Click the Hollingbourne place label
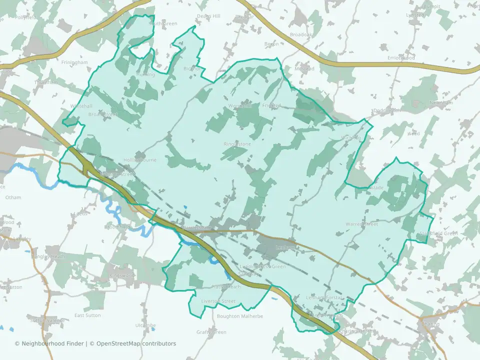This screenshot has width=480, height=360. point(139,160)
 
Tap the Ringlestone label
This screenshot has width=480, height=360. point(237,144)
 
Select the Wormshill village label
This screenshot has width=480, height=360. point(239,105)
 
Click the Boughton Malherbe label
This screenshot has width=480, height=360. point(236,316)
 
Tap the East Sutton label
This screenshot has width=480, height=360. point(87,315)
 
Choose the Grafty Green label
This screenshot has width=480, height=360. point(211,332)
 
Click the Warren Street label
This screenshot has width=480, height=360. point(361,224)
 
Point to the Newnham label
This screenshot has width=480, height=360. point(440,102)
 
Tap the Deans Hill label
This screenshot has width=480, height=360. point(208,16)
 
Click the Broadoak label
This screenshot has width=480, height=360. point(300,35)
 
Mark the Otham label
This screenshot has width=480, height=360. point(13,197)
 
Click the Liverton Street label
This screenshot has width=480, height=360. point(217,301)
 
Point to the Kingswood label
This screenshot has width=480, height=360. point(122,275)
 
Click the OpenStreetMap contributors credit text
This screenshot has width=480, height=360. point(136,343)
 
